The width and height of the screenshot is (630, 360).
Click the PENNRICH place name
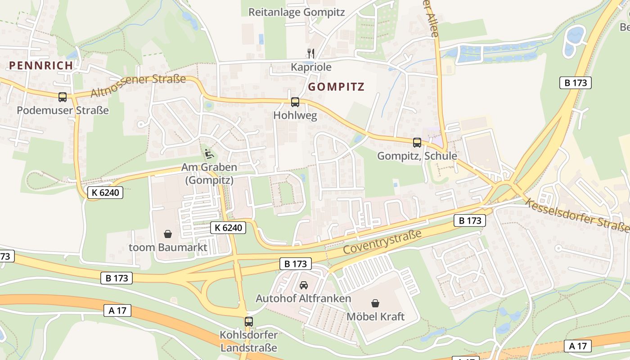click(x=40, y=65)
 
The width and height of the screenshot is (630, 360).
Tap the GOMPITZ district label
click(x=336, y=87)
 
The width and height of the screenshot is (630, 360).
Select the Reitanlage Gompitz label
click(x=297, y=12)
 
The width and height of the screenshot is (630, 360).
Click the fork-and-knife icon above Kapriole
click(x=310, y=53)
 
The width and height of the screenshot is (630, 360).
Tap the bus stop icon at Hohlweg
click(x=295, y=102)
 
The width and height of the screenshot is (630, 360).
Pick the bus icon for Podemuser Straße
click(x=63, y=97)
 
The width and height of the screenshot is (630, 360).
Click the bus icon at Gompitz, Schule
click(x=417, y=143)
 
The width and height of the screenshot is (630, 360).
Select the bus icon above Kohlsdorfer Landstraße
click(x=249, y=322)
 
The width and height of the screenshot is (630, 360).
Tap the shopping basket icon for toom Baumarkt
click(x=168, y=234)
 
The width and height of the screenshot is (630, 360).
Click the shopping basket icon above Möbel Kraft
click(x=375, y=303)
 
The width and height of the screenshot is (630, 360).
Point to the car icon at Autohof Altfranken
click(x=304, y=285)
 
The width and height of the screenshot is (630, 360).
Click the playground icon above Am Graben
click(x=208, y=154)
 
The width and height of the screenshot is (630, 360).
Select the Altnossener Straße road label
click(x=138, y=86)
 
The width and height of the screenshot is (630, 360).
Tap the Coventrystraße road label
click(x=382, y=242)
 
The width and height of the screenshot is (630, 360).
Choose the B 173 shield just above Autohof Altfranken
click(x=296, y=264)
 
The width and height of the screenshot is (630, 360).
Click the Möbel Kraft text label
click(x=375, y=317)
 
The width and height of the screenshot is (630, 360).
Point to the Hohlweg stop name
click(x=295, y=116)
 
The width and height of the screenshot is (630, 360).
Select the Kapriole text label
click(x=311, y=67)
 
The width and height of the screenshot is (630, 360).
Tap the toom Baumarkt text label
click(x=168, y=247)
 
